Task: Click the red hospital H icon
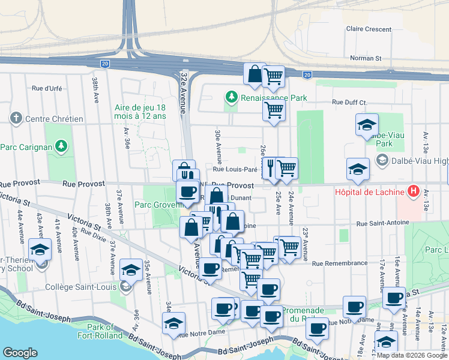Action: pyautogui.click(x=413, y=191)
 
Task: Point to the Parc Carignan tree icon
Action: pyautogui.click(x=60, y=146)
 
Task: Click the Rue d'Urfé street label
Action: pyautogui.click(x=47, y=88)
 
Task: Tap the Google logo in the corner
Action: pyautogui.click(x=20, y=353)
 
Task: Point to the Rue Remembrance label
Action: pyautogui.click(x=340, y=263)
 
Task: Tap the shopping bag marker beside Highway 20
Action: pyautogui.click(x=255, y=74)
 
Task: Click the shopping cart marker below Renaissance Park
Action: pyautogui.click(x=274, y=111)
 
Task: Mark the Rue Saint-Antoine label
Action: pyautogui.click(x=383, y=223)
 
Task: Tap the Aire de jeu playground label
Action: pyautogui.click(x=140, y=112)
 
